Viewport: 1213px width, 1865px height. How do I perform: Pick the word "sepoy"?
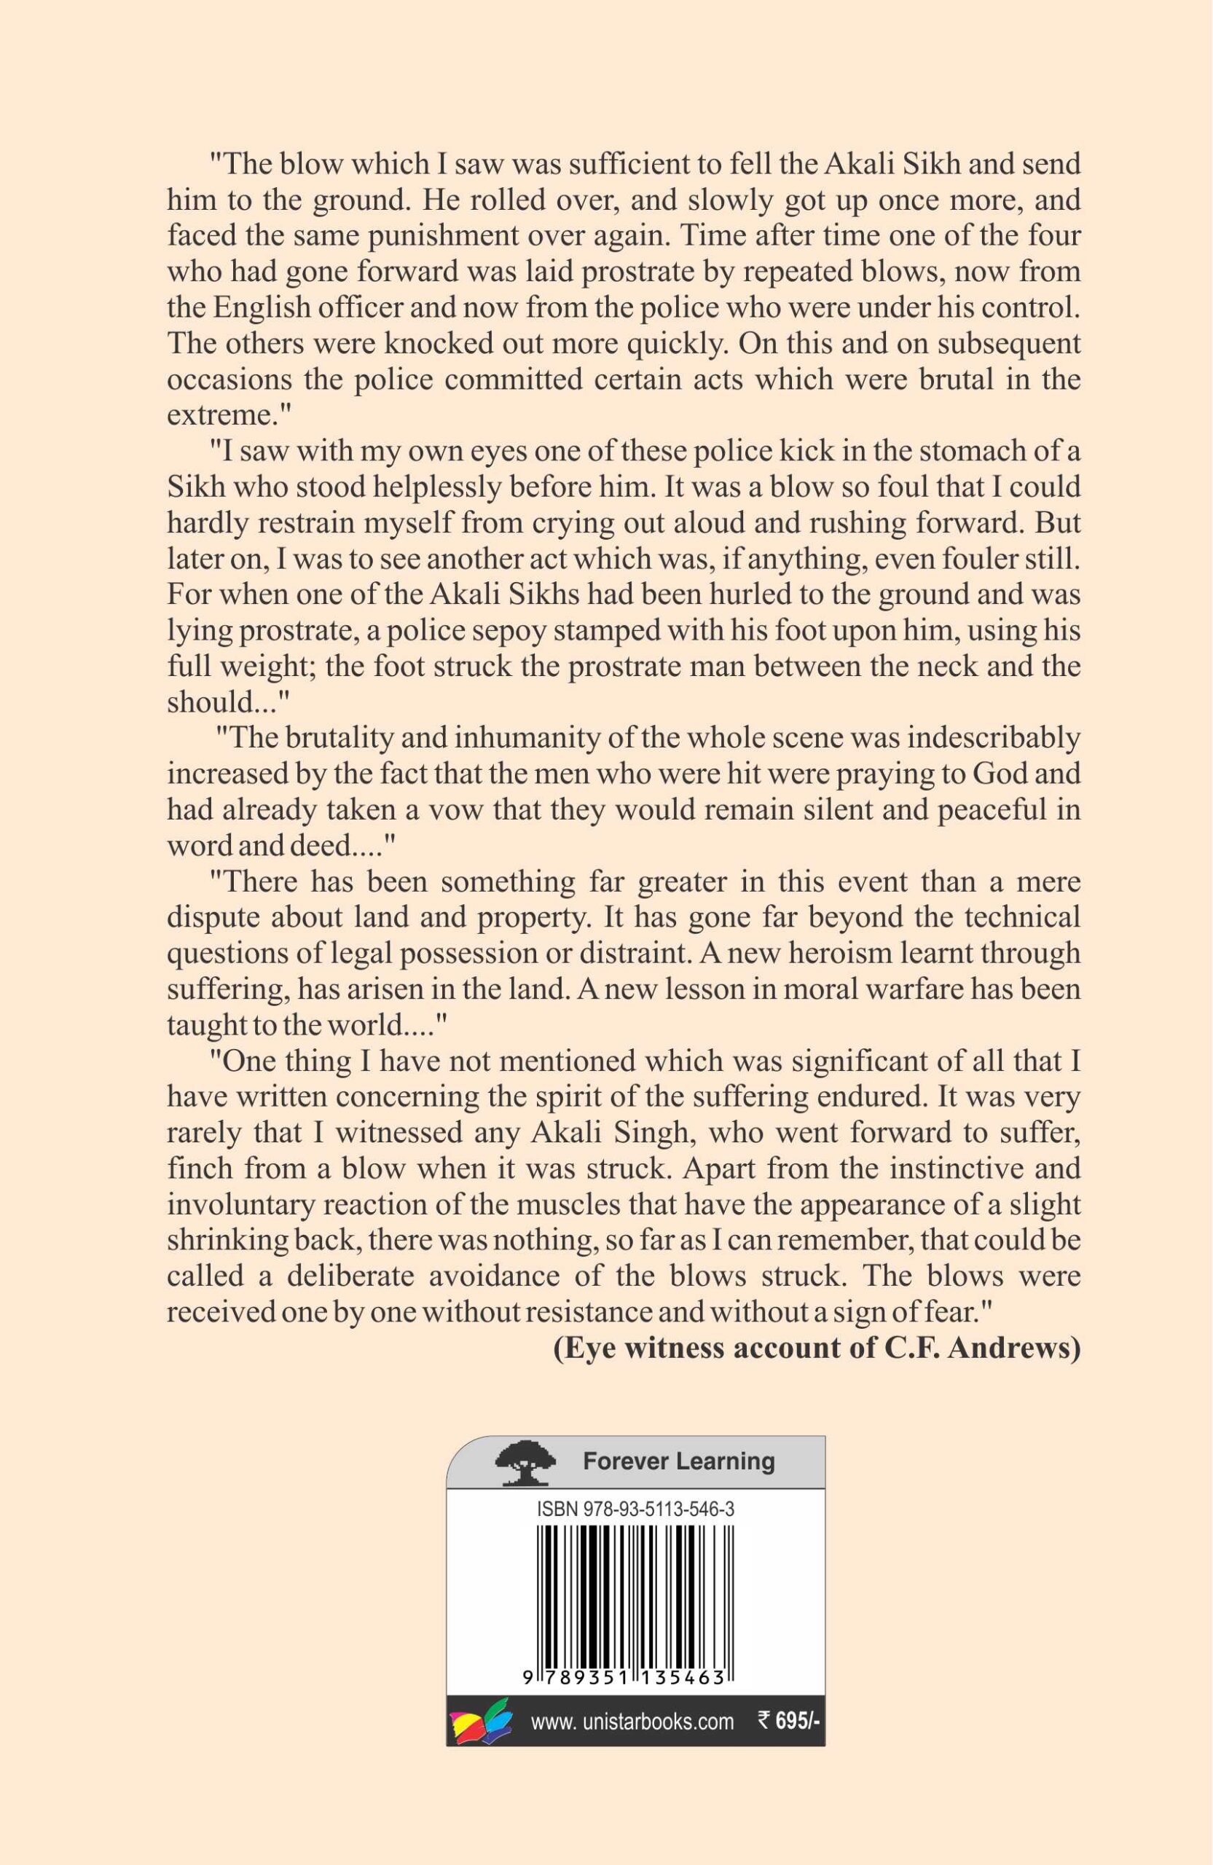[x=535, y=631]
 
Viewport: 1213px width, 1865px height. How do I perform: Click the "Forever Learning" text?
[x=678, y=1461]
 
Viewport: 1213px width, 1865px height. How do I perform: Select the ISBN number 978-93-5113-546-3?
[x=635, y=1510]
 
